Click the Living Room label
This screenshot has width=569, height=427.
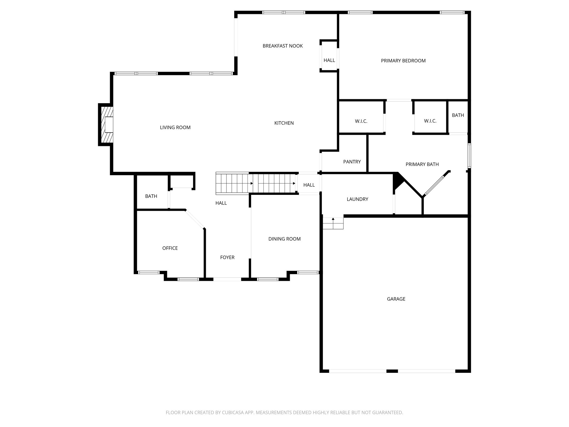click(x=175, y=128)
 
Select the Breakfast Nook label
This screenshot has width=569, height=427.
click(x=283, y=46)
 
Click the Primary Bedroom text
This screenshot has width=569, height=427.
click(x=403, y=61)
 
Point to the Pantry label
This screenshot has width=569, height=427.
click(x=352, y=162)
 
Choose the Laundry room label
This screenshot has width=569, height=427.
click(x=357, y=199)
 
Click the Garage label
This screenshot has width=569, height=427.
click(x=396, y=299)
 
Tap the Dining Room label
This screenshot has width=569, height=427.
click(x=284, y=239)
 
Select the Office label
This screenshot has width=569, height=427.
click(x=170, y=248)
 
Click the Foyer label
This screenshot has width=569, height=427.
click(x=227, y=257)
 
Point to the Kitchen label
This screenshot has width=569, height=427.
click(x=284, y=123)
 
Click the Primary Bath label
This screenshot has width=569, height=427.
click(x=422, y=164)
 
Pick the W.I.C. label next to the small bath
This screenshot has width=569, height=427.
click(x=430, y=121)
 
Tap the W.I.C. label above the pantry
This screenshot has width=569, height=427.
click(x=361, y=121)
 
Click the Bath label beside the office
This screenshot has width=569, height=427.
click(x=151, y=196)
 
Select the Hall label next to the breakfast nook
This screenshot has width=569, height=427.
click(x=329, y=60)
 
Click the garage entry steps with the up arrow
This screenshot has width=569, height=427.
click(x=333, y=223)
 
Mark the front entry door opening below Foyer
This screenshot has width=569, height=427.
click(x=227, y=279)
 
